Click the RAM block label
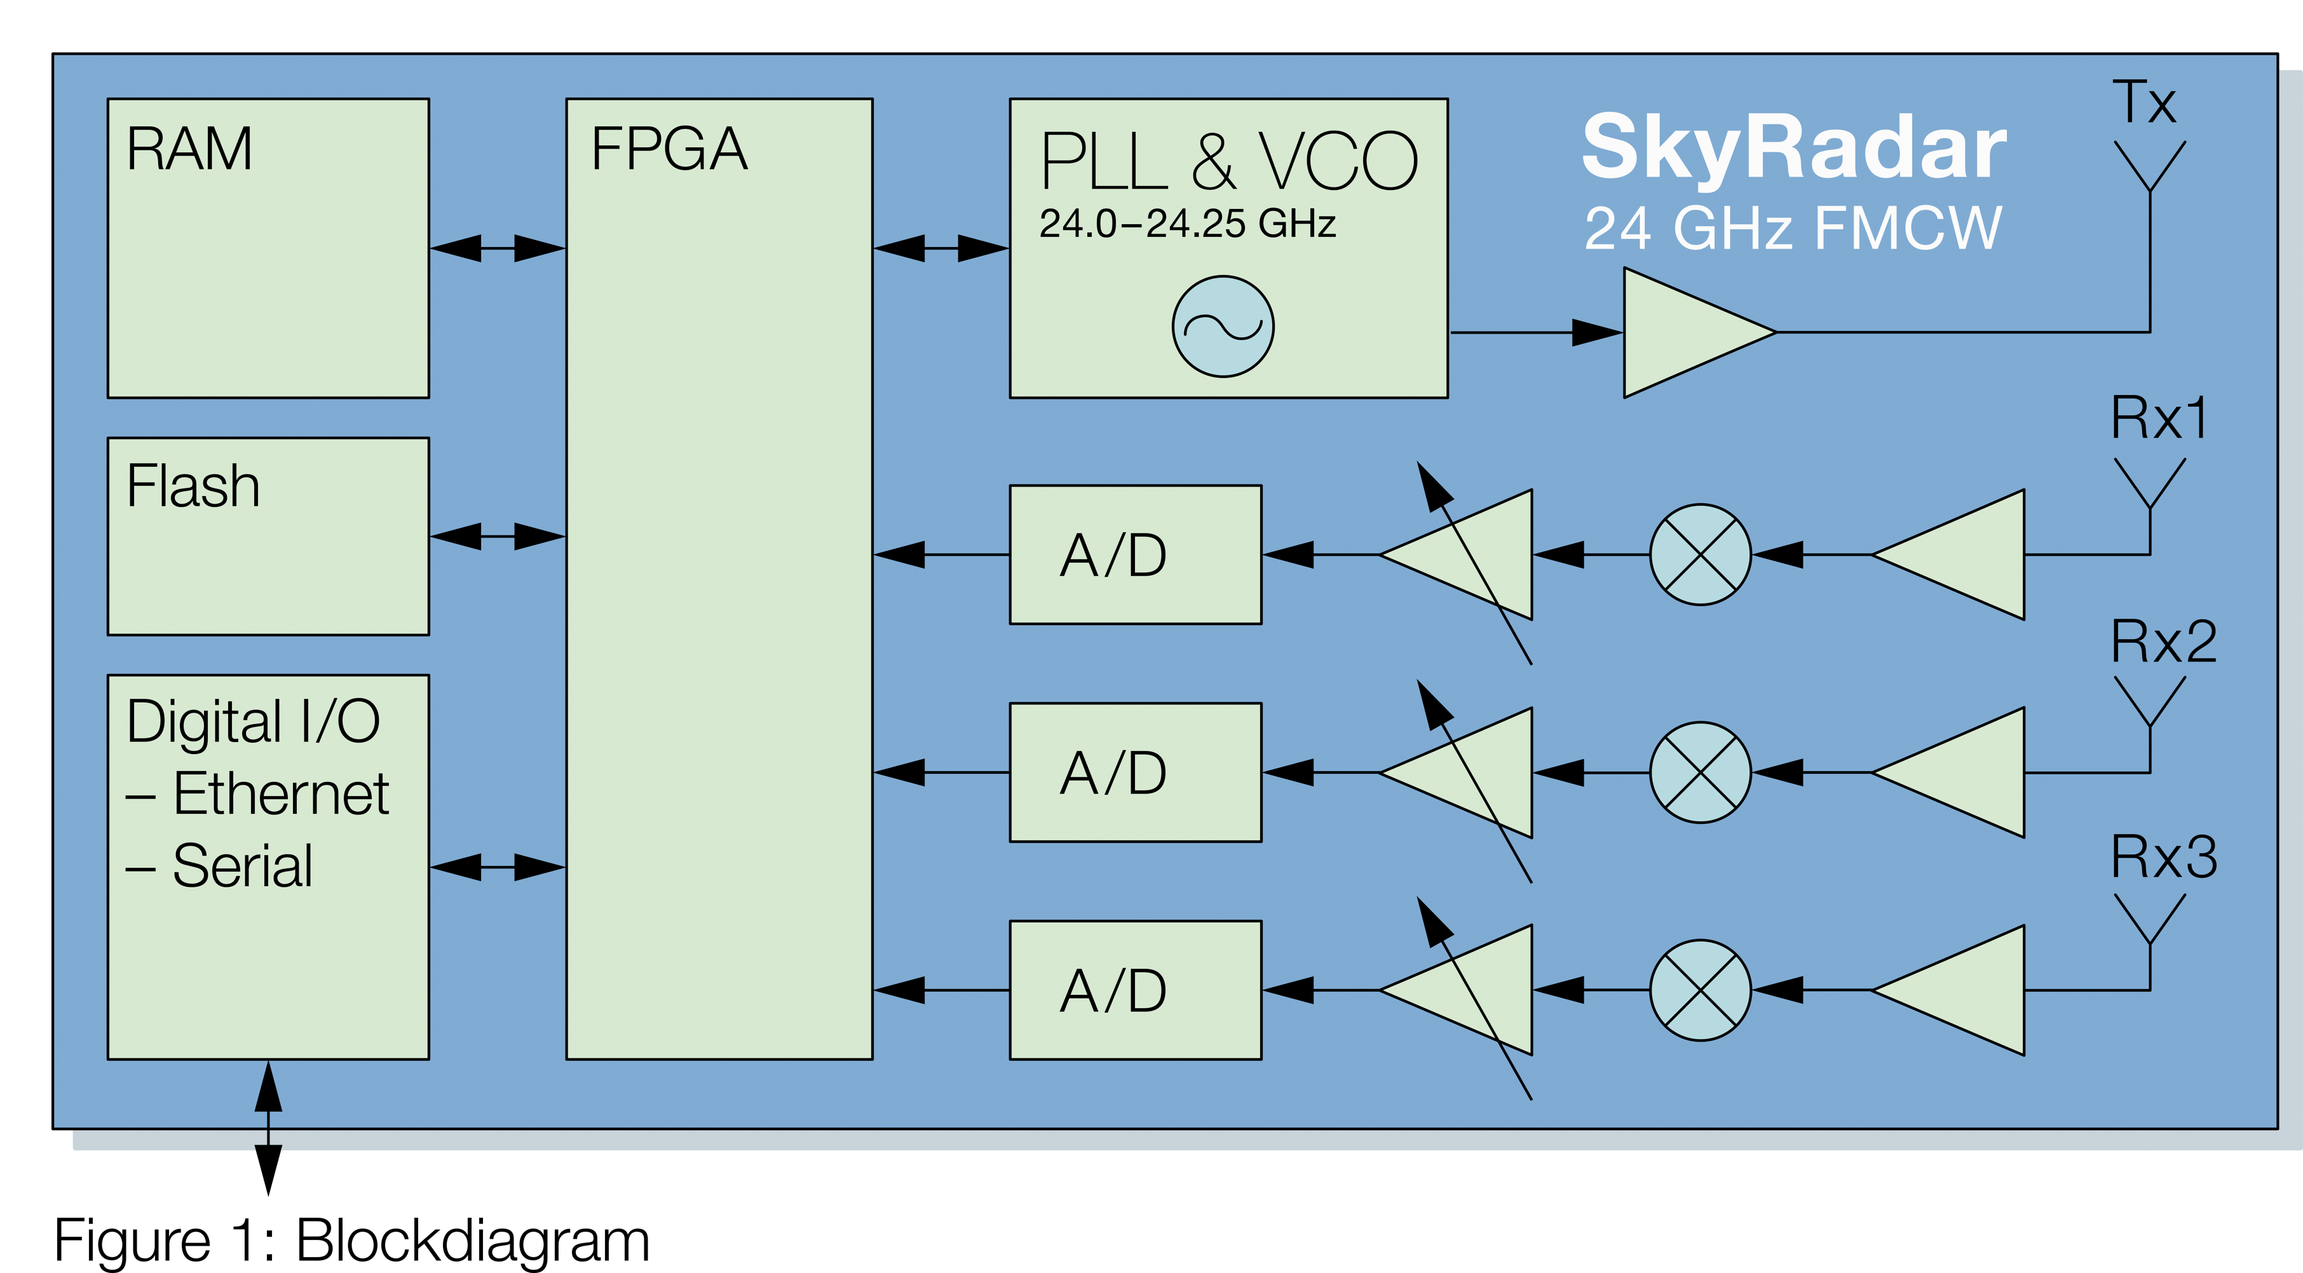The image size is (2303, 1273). tap(189, 149)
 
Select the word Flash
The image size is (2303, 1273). tap(193, 487)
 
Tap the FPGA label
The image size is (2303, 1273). tap(669, 149)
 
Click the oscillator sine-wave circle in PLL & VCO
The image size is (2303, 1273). tap(1223, 327)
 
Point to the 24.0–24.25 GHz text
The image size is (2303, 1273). tap(1187, 224)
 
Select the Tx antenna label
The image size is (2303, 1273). tap(2144, 103)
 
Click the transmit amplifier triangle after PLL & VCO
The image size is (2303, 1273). tap(1685, 333)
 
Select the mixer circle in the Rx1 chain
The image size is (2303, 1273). tap(1699, 555)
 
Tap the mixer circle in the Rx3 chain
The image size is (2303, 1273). tap(1699, 990)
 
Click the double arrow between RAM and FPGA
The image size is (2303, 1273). tap(497, 248)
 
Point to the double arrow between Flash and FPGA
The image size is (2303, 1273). tap(497, 536)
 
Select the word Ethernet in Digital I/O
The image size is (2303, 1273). tap(281, 794)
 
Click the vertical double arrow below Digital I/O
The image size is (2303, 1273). tap(268, 1128)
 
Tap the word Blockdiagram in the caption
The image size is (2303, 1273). tap(472, 1241)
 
